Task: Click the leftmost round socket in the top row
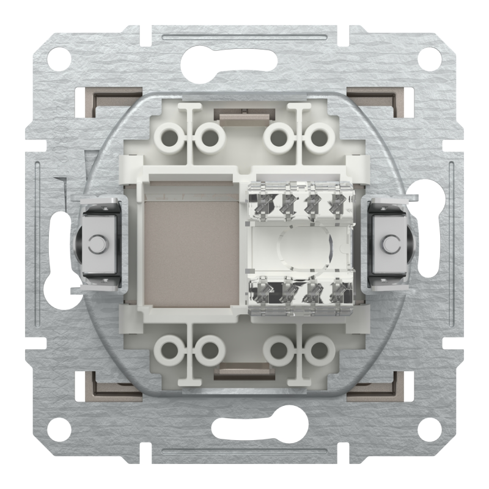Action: coord(169,138)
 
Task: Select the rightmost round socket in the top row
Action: coord(318,138)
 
